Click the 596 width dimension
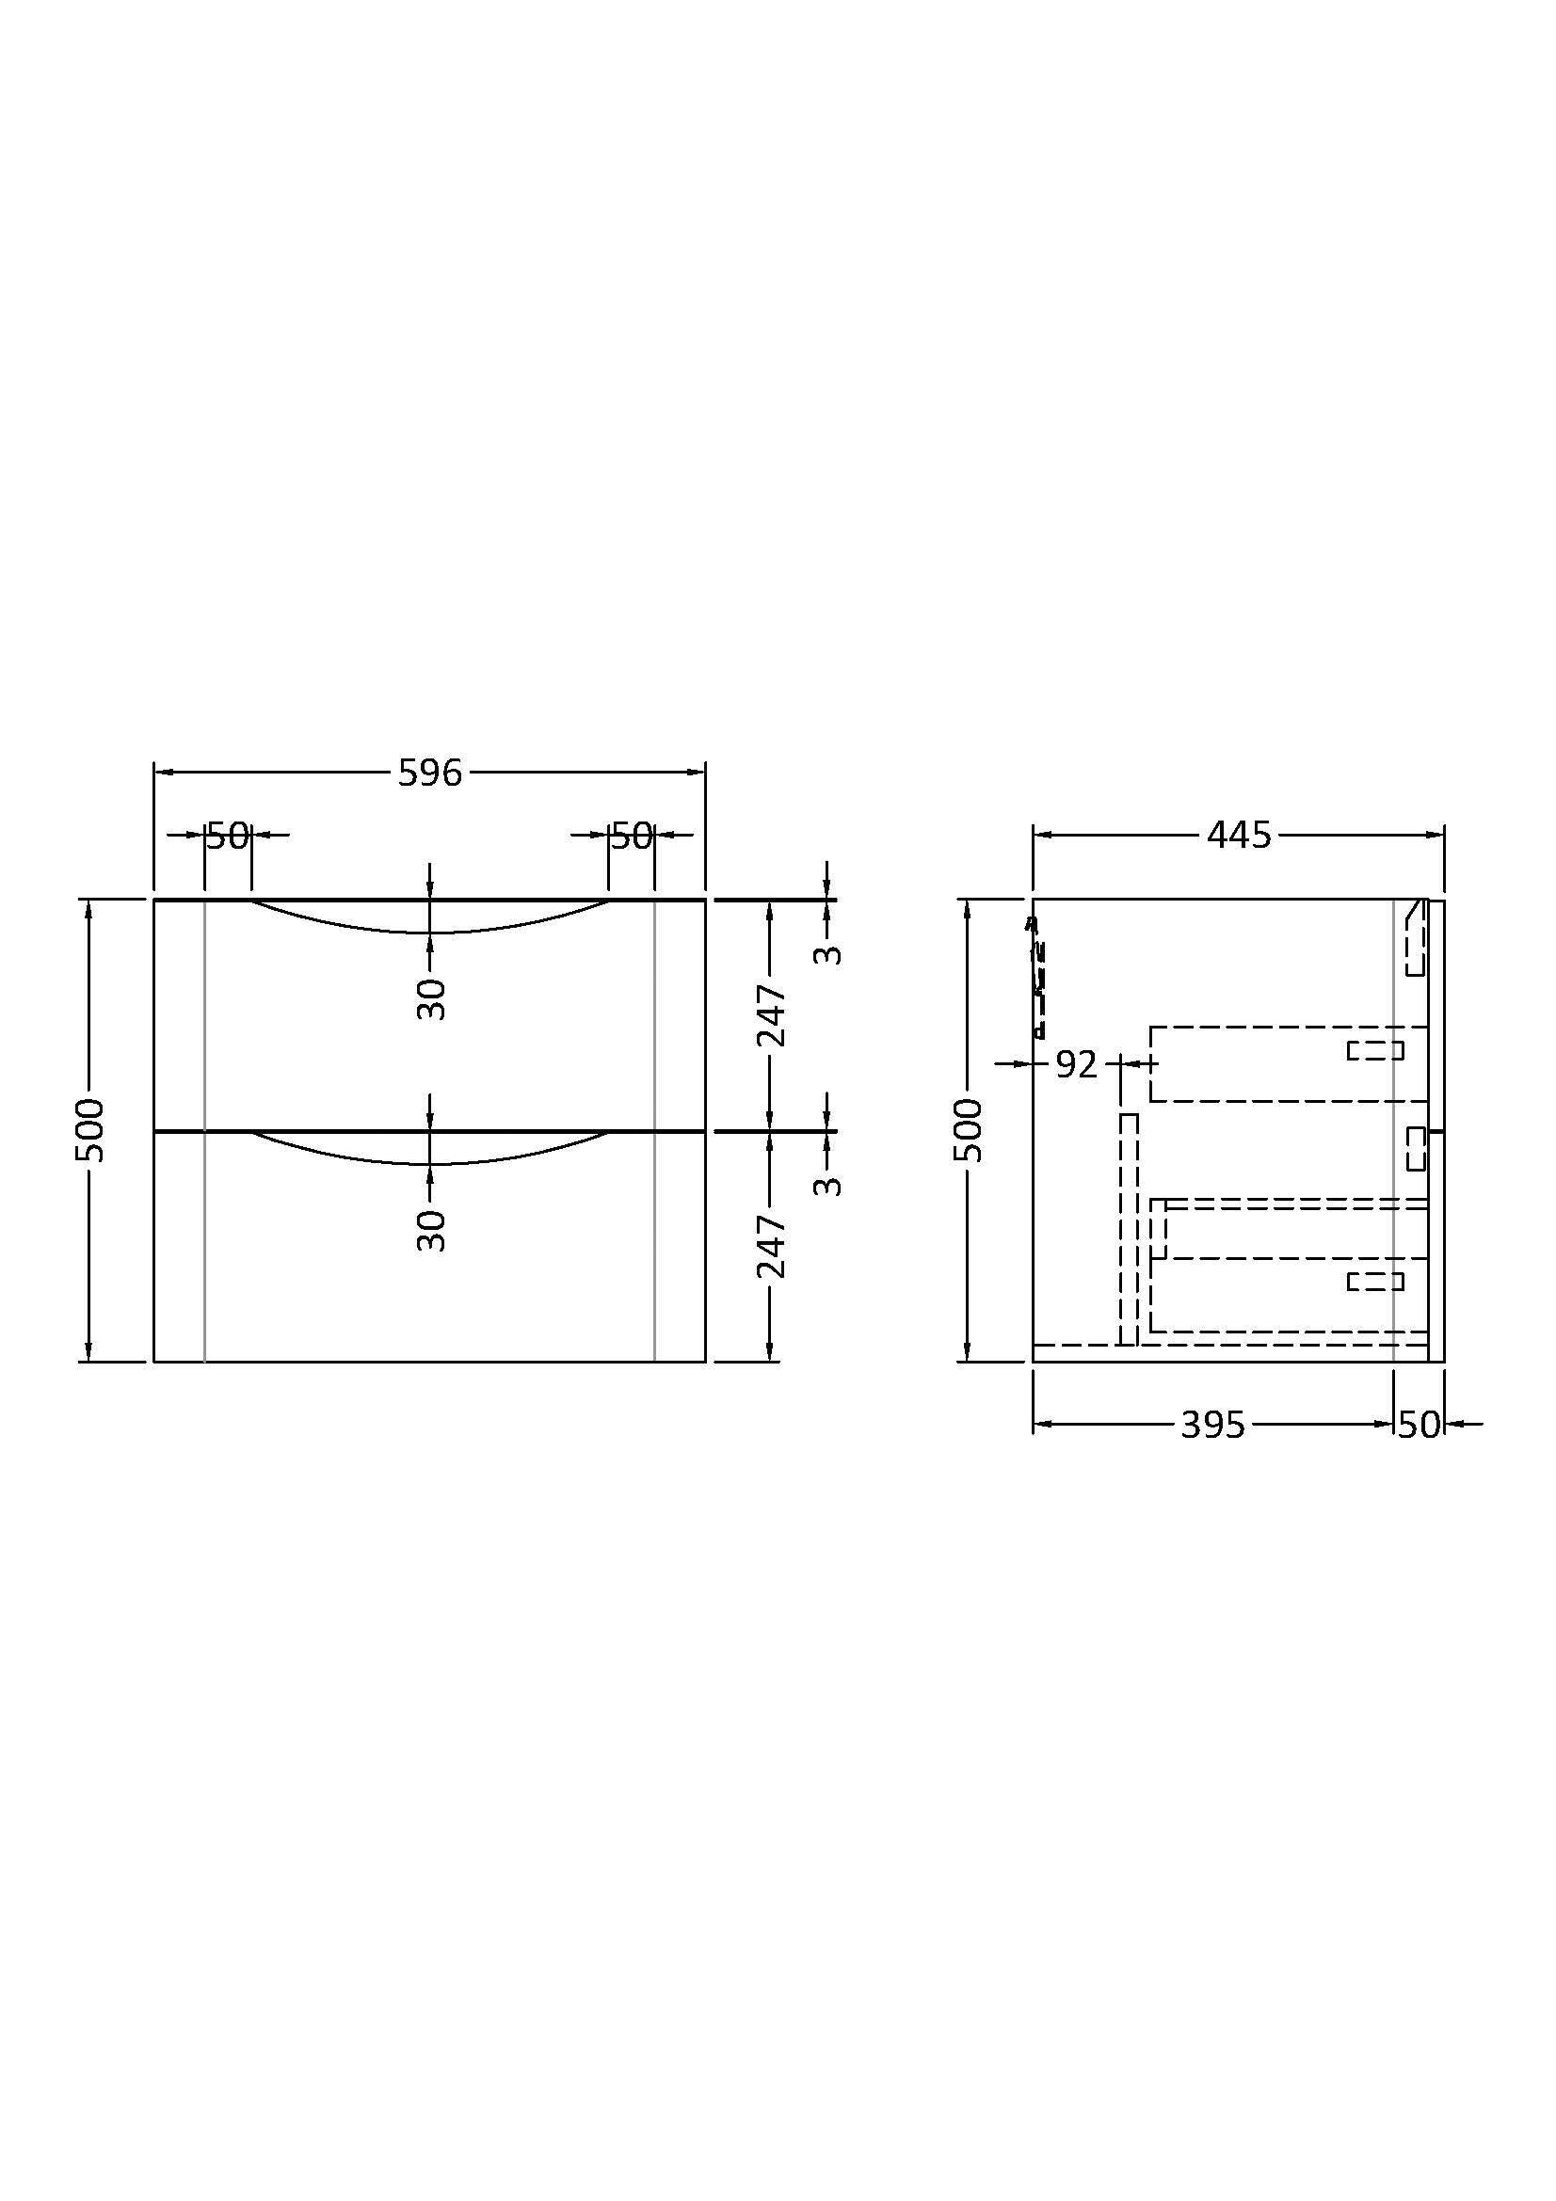[x=429, y=773]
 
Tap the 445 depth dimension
[x=1239, y=836]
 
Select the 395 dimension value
[x=1212, y=1426]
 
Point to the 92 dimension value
[x=1076, y=1065]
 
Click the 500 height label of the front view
[x=89, y=1130]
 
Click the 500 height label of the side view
[x=969, y=1130]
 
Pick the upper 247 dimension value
[x=772, y=1015]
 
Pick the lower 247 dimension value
[x=772, y=1246]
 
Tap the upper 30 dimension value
[x=432, y=1000]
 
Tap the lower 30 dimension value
[x=432, y=1231]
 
